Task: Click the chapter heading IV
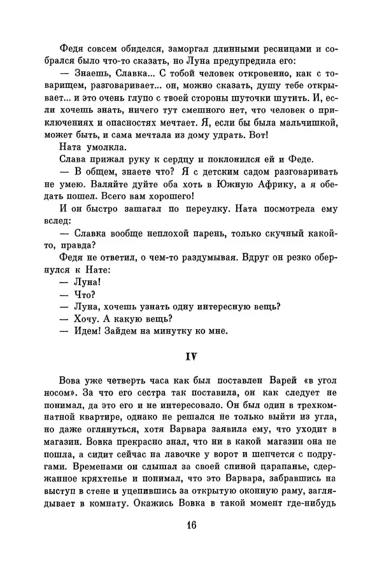pyautogui.click(x=191, y=355)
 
